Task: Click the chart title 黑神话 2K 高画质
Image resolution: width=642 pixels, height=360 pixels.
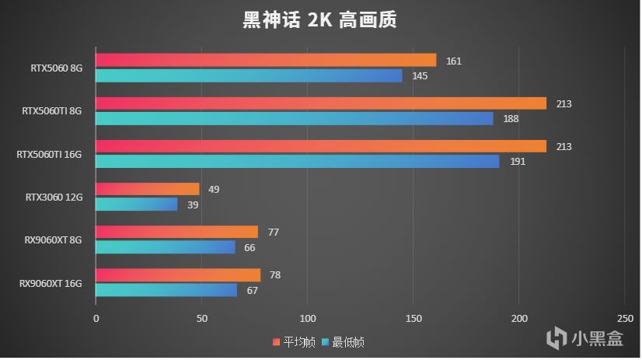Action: click(x=319, y=19)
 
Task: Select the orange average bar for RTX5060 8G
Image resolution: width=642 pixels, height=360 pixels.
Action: click(x=265, y=61)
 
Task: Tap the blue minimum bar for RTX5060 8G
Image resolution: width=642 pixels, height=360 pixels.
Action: click(x=249, y=75)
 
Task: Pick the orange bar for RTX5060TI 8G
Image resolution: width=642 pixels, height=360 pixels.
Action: click(x=320, y=103)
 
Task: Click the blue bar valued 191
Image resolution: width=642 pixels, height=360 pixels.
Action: click(x=297, y=162)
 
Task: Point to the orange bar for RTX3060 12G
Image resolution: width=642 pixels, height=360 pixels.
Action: click(x=147, y=189)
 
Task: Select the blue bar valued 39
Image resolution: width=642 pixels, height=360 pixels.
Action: click(x=136, y=204)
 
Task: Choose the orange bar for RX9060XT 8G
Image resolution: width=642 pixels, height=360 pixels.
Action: click(x=176, y=232)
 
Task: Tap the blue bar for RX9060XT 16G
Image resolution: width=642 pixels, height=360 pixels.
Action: click(x=166, y=290)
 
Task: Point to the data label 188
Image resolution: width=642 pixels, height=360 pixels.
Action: click(x=511, y=119)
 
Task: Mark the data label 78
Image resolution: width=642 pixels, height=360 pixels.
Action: click(x=274, y=275)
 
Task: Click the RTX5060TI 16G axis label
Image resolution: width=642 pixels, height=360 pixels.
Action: click(x=49, y=155)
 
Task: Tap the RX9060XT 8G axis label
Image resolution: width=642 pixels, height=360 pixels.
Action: click(x=53, y=240)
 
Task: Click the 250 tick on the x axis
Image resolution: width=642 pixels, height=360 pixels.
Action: click(x=624, y=319)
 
